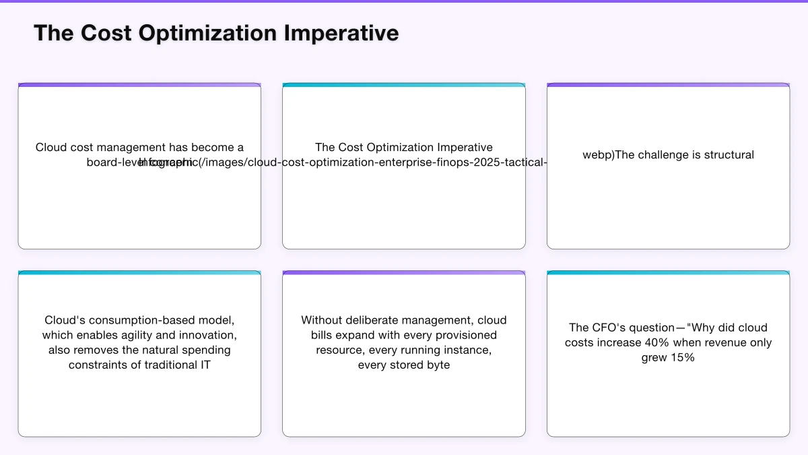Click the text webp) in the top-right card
coord(598,155)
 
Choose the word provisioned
coord(463,335)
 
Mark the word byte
coord(437,365)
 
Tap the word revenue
coord(713,342)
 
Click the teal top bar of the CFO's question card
coord(668,273)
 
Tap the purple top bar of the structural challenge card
coord(668,85)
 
